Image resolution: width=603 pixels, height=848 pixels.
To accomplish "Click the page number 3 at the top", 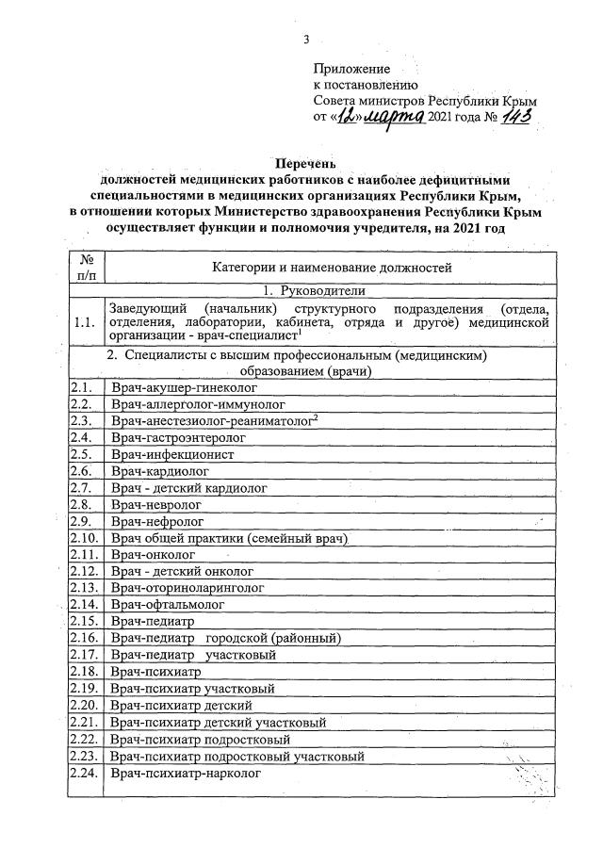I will click(x=306, y=39).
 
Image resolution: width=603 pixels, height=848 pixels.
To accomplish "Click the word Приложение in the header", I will click(x=350, y=69).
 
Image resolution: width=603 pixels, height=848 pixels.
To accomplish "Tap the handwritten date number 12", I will click(x=350, y=116).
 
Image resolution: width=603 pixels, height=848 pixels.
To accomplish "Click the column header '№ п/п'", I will click(x=87, y=268).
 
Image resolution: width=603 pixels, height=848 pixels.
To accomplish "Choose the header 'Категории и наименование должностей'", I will click(x=332, y=269).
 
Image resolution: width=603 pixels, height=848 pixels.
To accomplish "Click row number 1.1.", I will click(x=84, y=323).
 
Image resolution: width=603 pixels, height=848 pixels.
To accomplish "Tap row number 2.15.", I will click(x=84, y=622).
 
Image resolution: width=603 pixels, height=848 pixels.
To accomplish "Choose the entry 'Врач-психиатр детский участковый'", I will click(x=219, y=723).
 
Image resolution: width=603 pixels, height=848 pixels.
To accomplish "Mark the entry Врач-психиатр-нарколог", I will click(x=184, y=774).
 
